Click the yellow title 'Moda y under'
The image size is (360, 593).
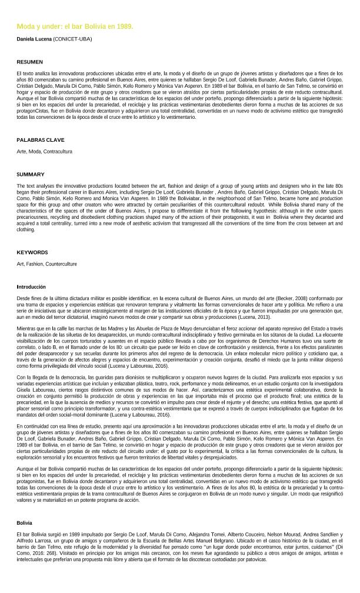75,27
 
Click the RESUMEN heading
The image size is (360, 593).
29,62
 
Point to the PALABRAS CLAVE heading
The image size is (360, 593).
40,140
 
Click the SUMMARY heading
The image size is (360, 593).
30,174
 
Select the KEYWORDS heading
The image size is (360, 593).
32,252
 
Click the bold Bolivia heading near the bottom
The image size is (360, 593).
24,522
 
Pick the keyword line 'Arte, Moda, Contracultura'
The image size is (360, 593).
44,151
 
